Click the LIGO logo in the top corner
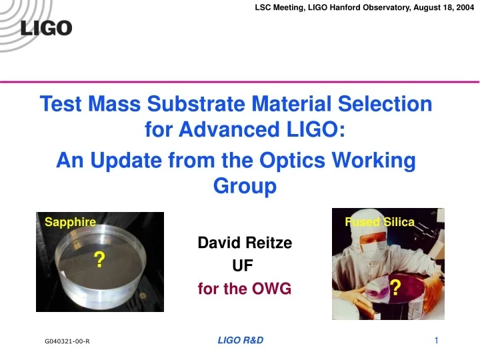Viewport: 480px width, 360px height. tap(47, 29)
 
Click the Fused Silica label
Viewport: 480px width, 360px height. tap(380, 221)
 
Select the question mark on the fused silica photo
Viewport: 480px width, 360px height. tap(395, 287)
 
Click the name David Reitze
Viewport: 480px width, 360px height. tap(245, 243)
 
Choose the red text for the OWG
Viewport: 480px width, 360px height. tap(245, 289)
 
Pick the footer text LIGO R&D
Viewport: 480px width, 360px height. tap(241, 341)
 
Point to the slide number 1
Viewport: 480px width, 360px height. tap(435, 341)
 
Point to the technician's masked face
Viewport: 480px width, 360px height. tap(365, 243)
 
